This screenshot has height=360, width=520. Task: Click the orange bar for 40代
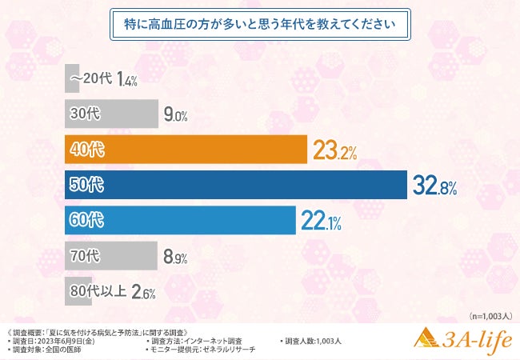tap(186, 150)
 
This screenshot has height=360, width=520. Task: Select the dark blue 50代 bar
tap(235, 186)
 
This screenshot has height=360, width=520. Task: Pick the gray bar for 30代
tap(110, 114)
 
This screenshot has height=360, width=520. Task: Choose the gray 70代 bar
tap(110, 256)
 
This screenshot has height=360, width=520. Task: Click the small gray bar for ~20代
tap(72, 78)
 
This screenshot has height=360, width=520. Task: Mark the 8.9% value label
tap(175, 258)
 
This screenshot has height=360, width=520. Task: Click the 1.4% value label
tap(127, 80)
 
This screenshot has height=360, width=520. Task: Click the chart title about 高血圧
tap(259, 23)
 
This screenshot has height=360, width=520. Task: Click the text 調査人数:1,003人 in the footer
tap(314, 342)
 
